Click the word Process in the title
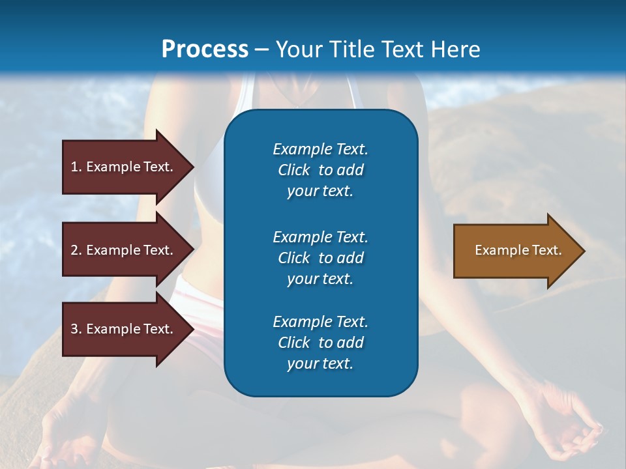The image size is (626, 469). pyautogui.click(x=205, y=49)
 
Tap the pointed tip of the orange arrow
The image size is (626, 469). pyautogui.click(x=583, y=251)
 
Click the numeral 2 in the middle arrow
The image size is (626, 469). pyautogui.click(x=74, y=250)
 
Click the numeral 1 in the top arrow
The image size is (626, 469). pyautogui.click(x=74, y=167)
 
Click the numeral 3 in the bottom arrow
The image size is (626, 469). pyautogui.click(x=74, y=329)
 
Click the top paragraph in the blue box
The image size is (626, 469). pyautogui.click(x=320, y=170)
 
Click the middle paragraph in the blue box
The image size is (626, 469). pyautogui.click(x=320, y=257)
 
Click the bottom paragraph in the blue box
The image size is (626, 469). pyautogui.click(x=320, y=343)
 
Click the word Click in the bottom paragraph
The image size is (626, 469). pyautogui.click(x=293, y=343)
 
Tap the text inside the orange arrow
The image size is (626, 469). pyautogui.click(x=518, y=250)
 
